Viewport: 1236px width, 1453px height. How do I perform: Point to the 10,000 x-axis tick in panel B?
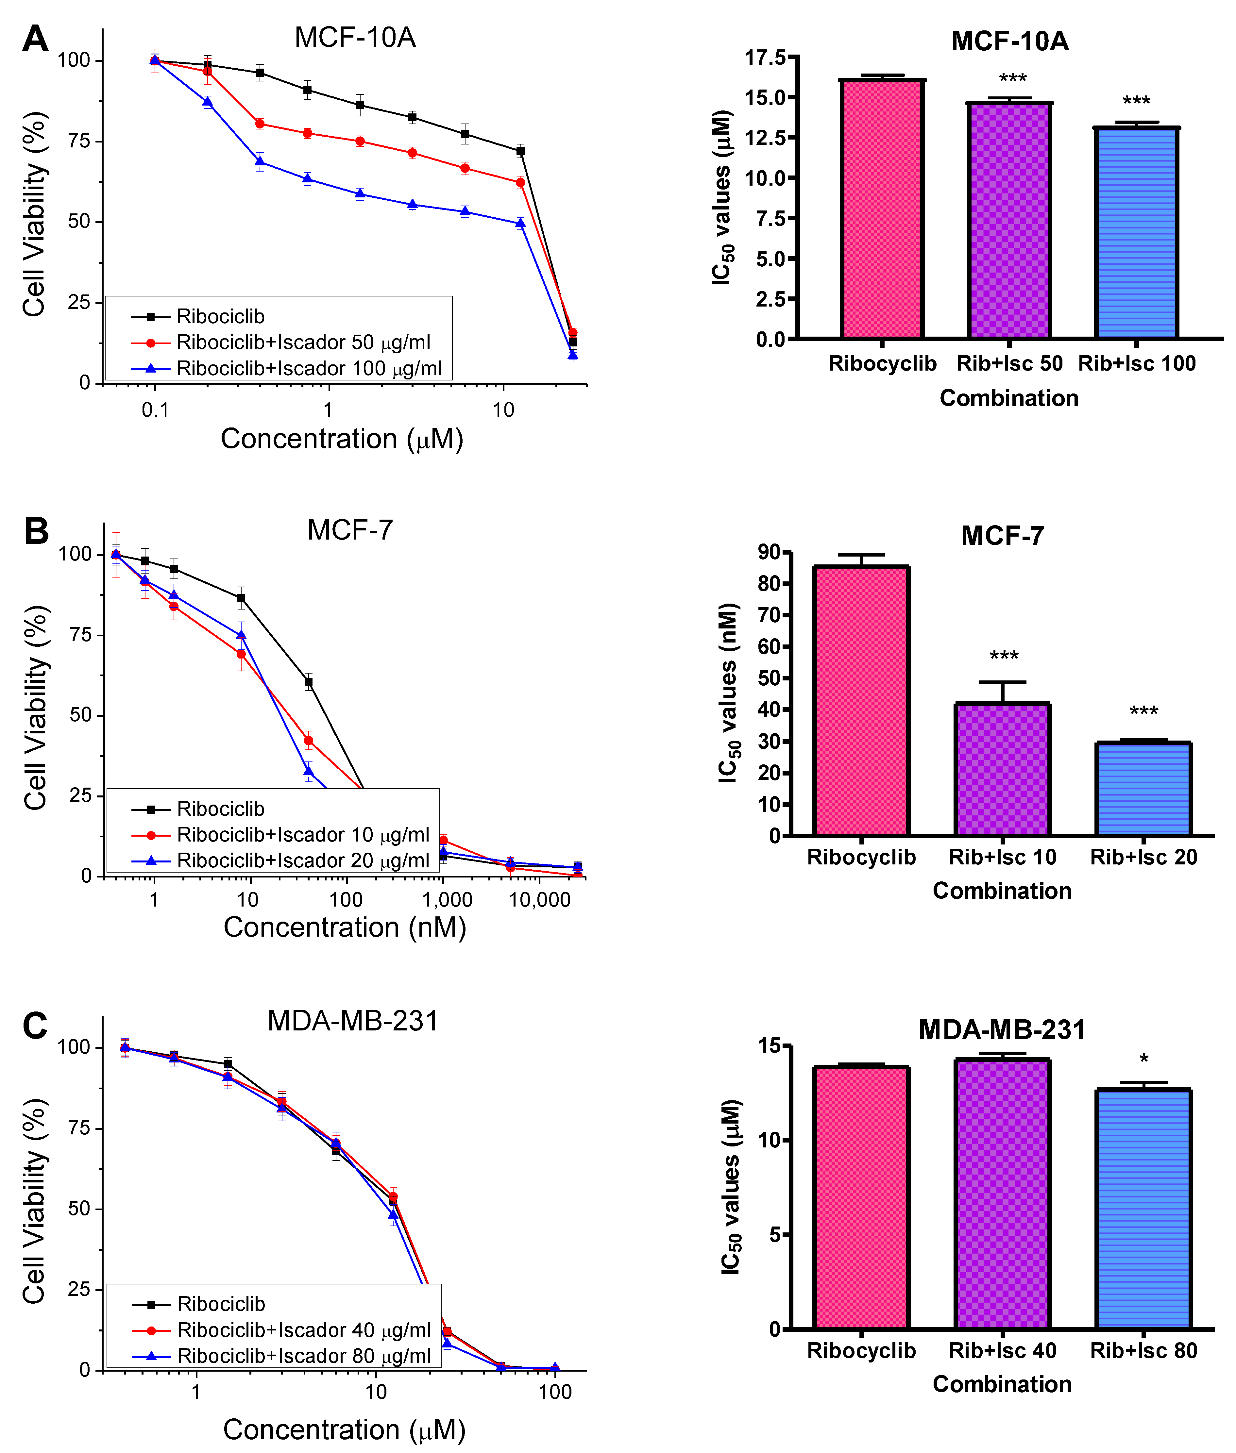(539, 899)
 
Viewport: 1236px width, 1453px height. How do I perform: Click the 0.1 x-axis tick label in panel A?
(155, 410)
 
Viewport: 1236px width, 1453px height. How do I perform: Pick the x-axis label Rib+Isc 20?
(1143, 857)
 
